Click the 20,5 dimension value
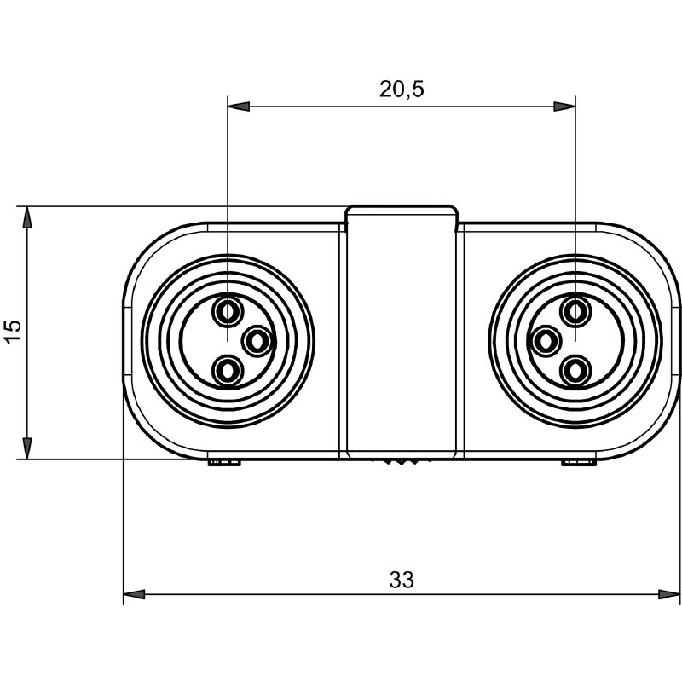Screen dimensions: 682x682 [x=401, y=90]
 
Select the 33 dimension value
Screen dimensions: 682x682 [x=402, y=580]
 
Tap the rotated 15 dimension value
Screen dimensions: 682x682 [x=13, y=332]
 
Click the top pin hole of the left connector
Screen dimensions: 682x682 [x=227, y=311]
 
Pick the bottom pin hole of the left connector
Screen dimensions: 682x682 [x=227, y=372]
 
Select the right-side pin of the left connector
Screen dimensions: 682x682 [x=257, y=342]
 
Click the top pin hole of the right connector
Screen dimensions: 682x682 [x=575, y=311]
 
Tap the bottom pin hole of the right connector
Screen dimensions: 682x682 [x=575, y=372]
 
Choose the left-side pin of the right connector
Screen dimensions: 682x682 [x=545, y=341]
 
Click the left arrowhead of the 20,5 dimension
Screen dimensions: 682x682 [x=239, y=107]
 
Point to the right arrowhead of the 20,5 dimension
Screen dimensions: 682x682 [x=564, y=107]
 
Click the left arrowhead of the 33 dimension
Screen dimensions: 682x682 [x=134, y=594]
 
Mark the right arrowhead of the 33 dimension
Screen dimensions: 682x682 [x=668, y=594]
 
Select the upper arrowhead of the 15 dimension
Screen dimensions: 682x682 [x=27, y=217]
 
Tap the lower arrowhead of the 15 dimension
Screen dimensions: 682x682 [x=27, y=448]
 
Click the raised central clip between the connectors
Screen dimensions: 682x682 [x=402, y=332]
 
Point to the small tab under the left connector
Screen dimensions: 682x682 [x=224, y=462]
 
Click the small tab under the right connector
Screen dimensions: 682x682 [x=578, y=462]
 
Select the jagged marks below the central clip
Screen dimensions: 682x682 [x=401, y=461]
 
